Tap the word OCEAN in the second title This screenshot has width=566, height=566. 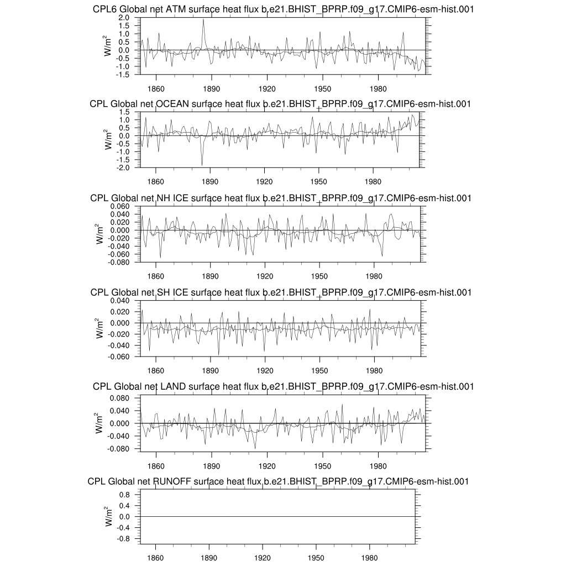pyautogui.click(x=172, y=104)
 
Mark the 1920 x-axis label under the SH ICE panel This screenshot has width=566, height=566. pyautogui.click(x=265, y=370)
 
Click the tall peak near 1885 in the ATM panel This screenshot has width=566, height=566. pyautogui.click(x=203, y=19)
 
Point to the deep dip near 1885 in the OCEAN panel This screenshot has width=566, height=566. pyautogui.click(x=202, y=165)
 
